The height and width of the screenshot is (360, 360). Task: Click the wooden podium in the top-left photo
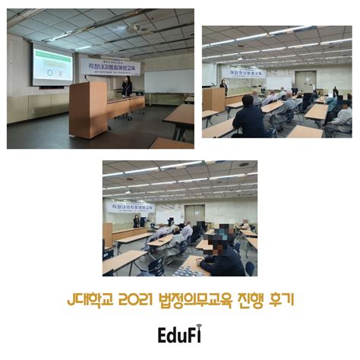point(88,109)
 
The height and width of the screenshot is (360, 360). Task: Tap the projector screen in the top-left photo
point(52,65)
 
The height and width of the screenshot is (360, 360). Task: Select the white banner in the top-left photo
point(110,67)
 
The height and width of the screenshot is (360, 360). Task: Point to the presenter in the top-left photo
point(127,86)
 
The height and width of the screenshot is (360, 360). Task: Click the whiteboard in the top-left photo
point(168,81)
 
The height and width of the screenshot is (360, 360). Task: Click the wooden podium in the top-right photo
point(213,99)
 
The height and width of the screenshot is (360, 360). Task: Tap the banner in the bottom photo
point(134,206)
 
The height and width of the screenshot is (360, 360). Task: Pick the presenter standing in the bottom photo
point(137,221)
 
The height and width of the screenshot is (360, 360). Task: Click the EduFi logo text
point(179,334)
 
